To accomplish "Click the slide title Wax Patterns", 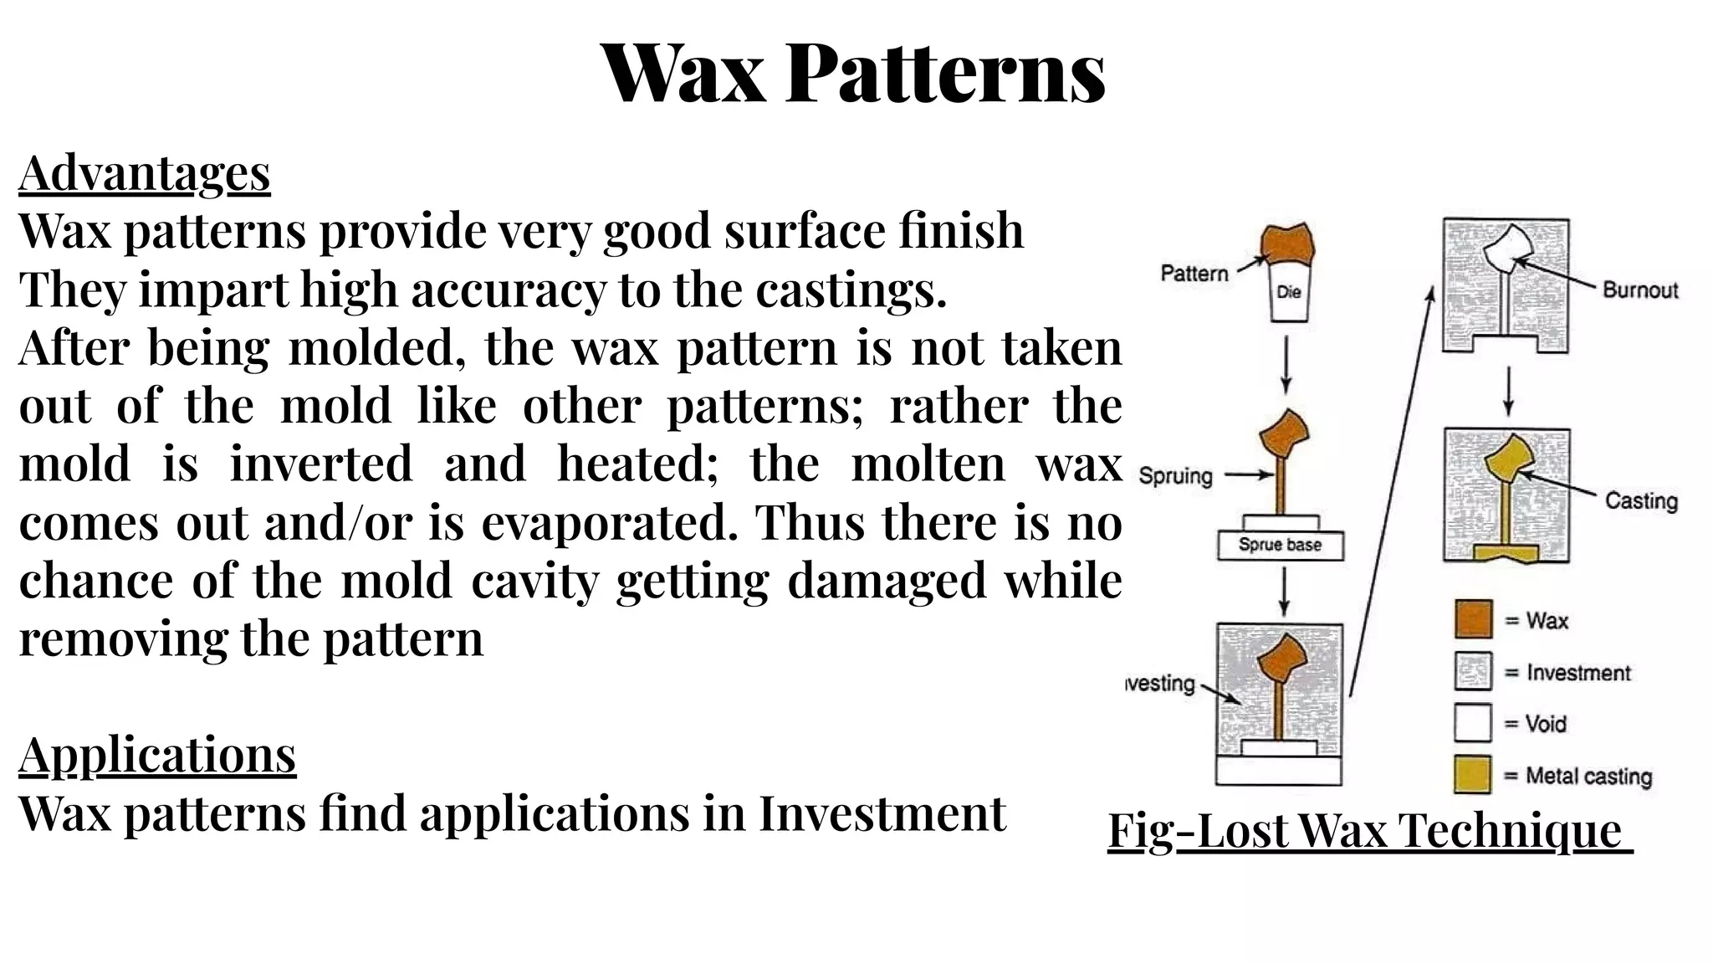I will point(853,74).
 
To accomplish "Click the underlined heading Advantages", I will point(145,173).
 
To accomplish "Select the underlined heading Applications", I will point(157,754).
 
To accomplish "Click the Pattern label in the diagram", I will point(1194,274).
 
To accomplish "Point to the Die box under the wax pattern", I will point(1288,293).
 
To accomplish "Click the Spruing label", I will point(1175,476).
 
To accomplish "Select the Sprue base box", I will point(1280,545).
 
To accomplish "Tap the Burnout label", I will point(1639,290).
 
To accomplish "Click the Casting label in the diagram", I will point(1641,501).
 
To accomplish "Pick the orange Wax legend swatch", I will point(1473,620).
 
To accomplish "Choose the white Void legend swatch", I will point(1473,723).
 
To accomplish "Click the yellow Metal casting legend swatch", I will point(1473,775).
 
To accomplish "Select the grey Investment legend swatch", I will point(1473,672).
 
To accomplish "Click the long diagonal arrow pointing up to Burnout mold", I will point(1390,494).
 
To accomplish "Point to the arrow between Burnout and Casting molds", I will point(1507,390).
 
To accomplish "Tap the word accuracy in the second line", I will point(508,290).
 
